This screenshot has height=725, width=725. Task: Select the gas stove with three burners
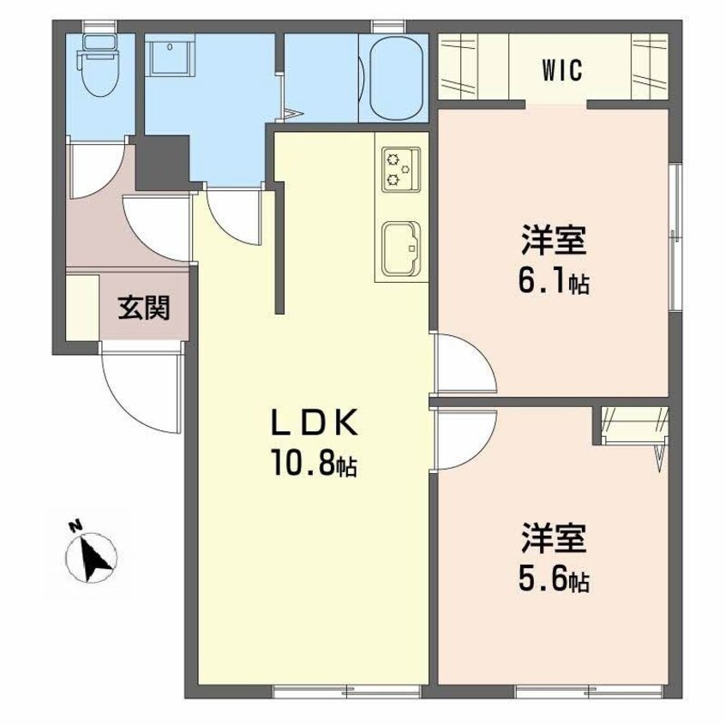(401, 169)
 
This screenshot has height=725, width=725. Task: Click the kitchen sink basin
(400, 249)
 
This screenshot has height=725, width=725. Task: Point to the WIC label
(563, 71)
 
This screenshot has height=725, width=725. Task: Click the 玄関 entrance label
(144, 308)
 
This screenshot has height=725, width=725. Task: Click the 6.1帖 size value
(554, 283)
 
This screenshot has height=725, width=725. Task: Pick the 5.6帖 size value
(554, 581)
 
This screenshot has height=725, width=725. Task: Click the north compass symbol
(91, 556)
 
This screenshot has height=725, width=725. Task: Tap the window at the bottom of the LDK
(347, 692)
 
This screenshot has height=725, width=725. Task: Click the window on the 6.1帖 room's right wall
(676, 236)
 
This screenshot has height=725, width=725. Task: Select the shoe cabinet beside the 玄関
(82, 308)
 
